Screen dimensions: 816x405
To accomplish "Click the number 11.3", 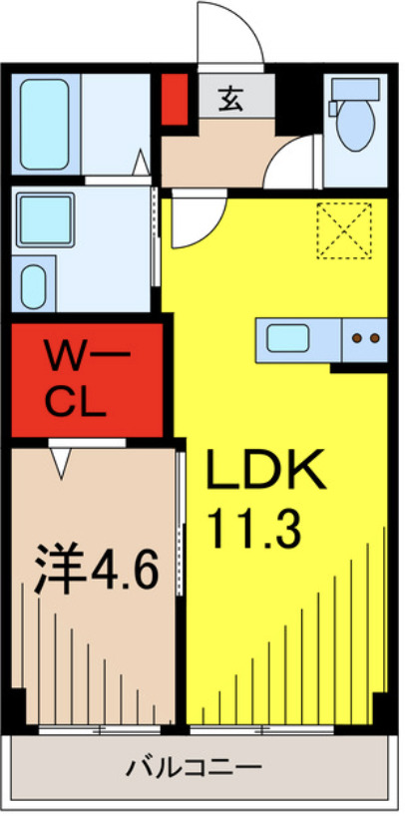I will click(255, 529).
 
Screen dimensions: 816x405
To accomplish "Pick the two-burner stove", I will click(366, 339).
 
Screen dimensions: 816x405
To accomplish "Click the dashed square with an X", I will click(343, 231).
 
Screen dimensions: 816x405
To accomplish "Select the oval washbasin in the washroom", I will click(34, 286).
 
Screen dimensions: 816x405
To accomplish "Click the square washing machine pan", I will click(43, 221).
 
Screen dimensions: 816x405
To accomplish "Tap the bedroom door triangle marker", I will click(63, 460).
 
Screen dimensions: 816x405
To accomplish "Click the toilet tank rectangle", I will click(355, 90).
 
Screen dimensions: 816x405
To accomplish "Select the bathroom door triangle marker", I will click(142, 162).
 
